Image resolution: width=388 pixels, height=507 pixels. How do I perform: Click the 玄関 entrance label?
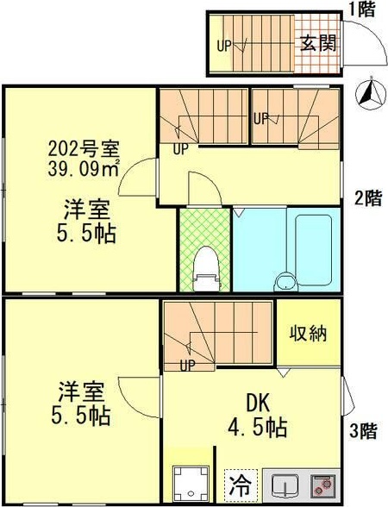pyautogui.click(x=317, y=42)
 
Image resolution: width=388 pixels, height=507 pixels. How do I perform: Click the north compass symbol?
pyautogui.click(x=371, y=94)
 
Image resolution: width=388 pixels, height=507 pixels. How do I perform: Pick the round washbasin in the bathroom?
pyautogui.click(x=284, y=281)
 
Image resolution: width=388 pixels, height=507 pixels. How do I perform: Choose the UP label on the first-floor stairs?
pyautogui.click(x=223, y=46)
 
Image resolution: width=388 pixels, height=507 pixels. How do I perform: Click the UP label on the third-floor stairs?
pyautogui.click(x=186, y=365)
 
